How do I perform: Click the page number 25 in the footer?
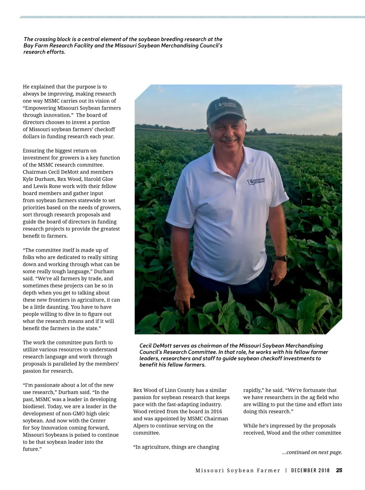[x=339, y=470]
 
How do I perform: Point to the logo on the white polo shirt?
[x=255, y=181]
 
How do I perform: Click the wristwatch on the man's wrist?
[x=282, y=258]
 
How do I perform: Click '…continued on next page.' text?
[x=312, y=452]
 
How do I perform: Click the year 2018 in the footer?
[x=324, y=470]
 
